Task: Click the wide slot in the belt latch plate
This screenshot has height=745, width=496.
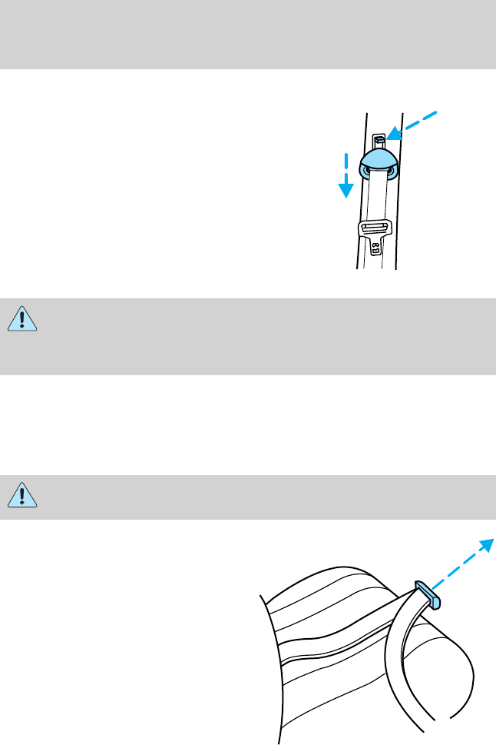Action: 375,228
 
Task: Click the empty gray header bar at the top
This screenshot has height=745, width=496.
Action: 248,35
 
